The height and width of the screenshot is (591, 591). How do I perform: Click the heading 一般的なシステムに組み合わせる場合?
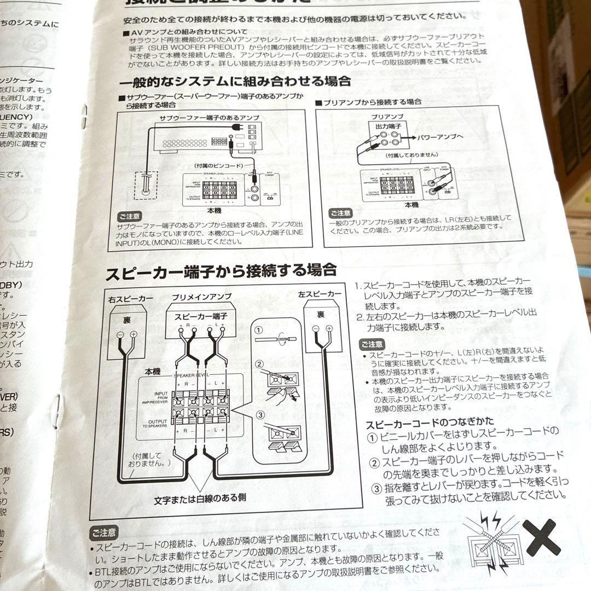(235, 82)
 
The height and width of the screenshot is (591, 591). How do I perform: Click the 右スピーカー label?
(131, 298)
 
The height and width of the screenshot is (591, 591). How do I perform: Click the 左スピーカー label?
(320, 294)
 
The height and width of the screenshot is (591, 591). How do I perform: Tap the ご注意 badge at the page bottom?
(103, 532)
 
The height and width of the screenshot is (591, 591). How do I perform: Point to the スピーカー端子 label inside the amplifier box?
(200, 316)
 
